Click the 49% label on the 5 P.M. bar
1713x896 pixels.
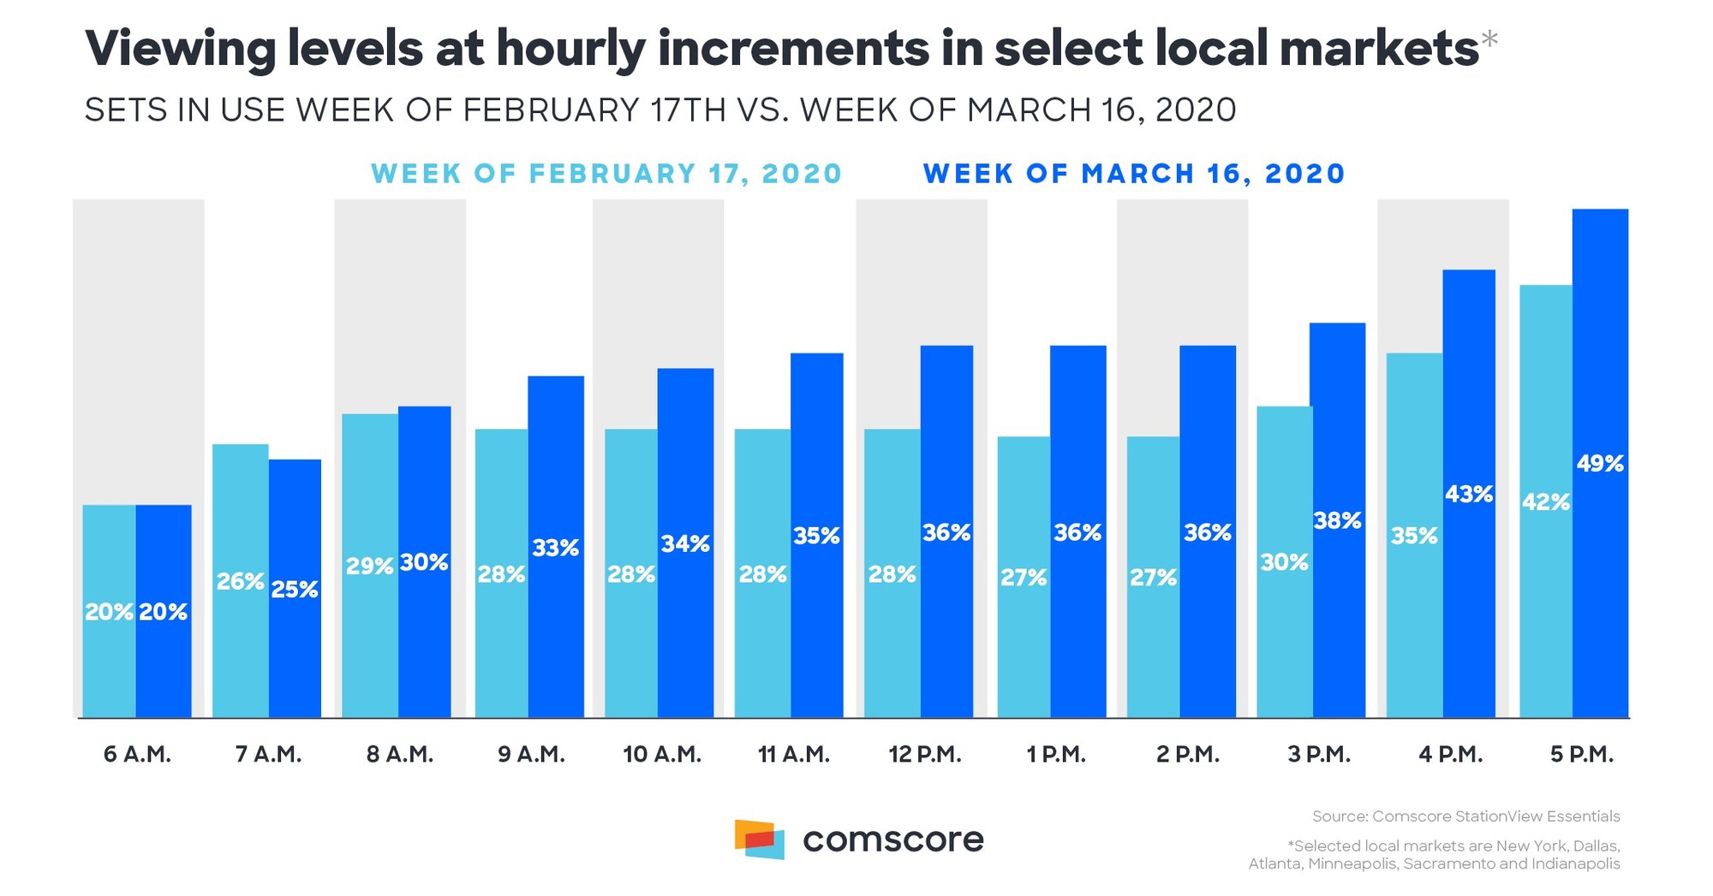coord(1600,464)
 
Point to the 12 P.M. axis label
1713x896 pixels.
coord(925,755)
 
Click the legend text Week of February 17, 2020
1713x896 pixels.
coord(606,174)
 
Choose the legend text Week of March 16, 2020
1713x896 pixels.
coord(1134,174)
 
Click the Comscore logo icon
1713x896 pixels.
coord(759,839)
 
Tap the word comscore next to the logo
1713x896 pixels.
coord(892,840)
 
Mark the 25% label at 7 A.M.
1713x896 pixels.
coord(295,590)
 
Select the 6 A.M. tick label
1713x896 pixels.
coord(137,755)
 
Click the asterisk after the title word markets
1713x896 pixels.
coord(1489,39)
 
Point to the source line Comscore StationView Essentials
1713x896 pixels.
coord(1465,816)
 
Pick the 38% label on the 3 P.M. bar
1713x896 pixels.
coord(1337,520)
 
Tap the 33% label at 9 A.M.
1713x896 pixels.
coord(555,548)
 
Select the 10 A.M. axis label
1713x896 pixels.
coord(662,755)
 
